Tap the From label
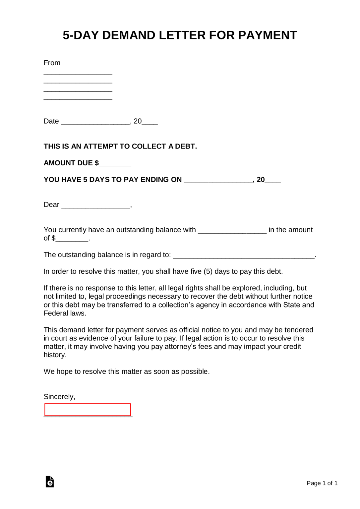[x=52, y=63]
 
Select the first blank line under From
[x=78, y=73]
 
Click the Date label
[x=51, y=121]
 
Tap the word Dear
[x=51, y=205]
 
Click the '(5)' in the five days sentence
[x=208, y=271]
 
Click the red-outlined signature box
[x=88, y=410]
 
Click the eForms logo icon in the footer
[x=50, y=482]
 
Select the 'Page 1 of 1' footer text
[x=322, y=483]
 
